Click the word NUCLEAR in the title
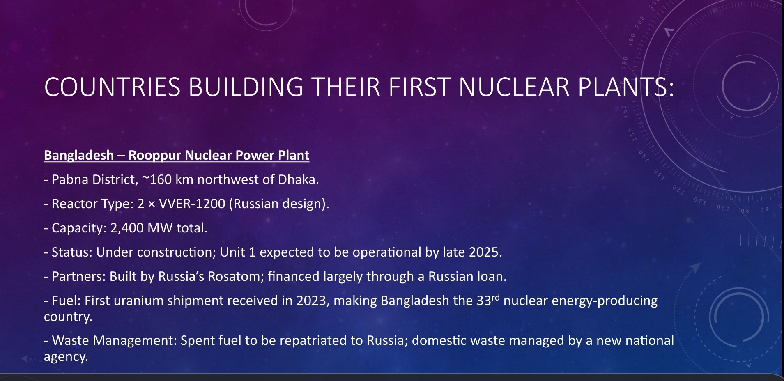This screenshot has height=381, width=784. pyautogui.click(x=514, y=87)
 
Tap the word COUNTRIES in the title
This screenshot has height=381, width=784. pyautogui.click(x=112, y=87)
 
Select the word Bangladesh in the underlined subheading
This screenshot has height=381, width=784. pyautogui.click(x=79, y=155)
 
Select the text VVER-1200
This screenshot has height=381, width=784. pyautogui.click(x=192, y=204)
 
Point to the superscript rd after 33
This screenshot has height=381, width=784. pyautogui.click(x=495, y=298)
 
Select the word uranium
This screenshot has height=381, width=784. pyautogui.click(x=138, y=301)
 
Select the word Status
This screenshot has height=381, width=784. pyautogui.click(x=72, y=252)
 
